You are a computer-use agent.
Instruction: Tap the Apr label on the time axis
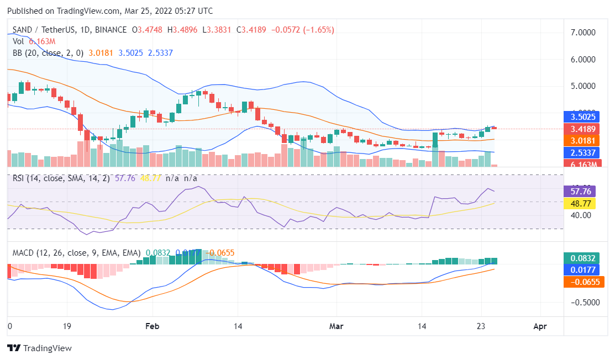tap(540, 326)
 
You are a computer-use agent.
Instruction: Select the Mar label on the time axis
tap(336, 326)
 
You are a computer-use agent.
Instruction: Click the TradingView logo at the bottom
tap(39, 348)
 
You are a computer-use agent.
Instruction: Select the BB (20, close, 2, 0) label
tap(48, 53)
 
